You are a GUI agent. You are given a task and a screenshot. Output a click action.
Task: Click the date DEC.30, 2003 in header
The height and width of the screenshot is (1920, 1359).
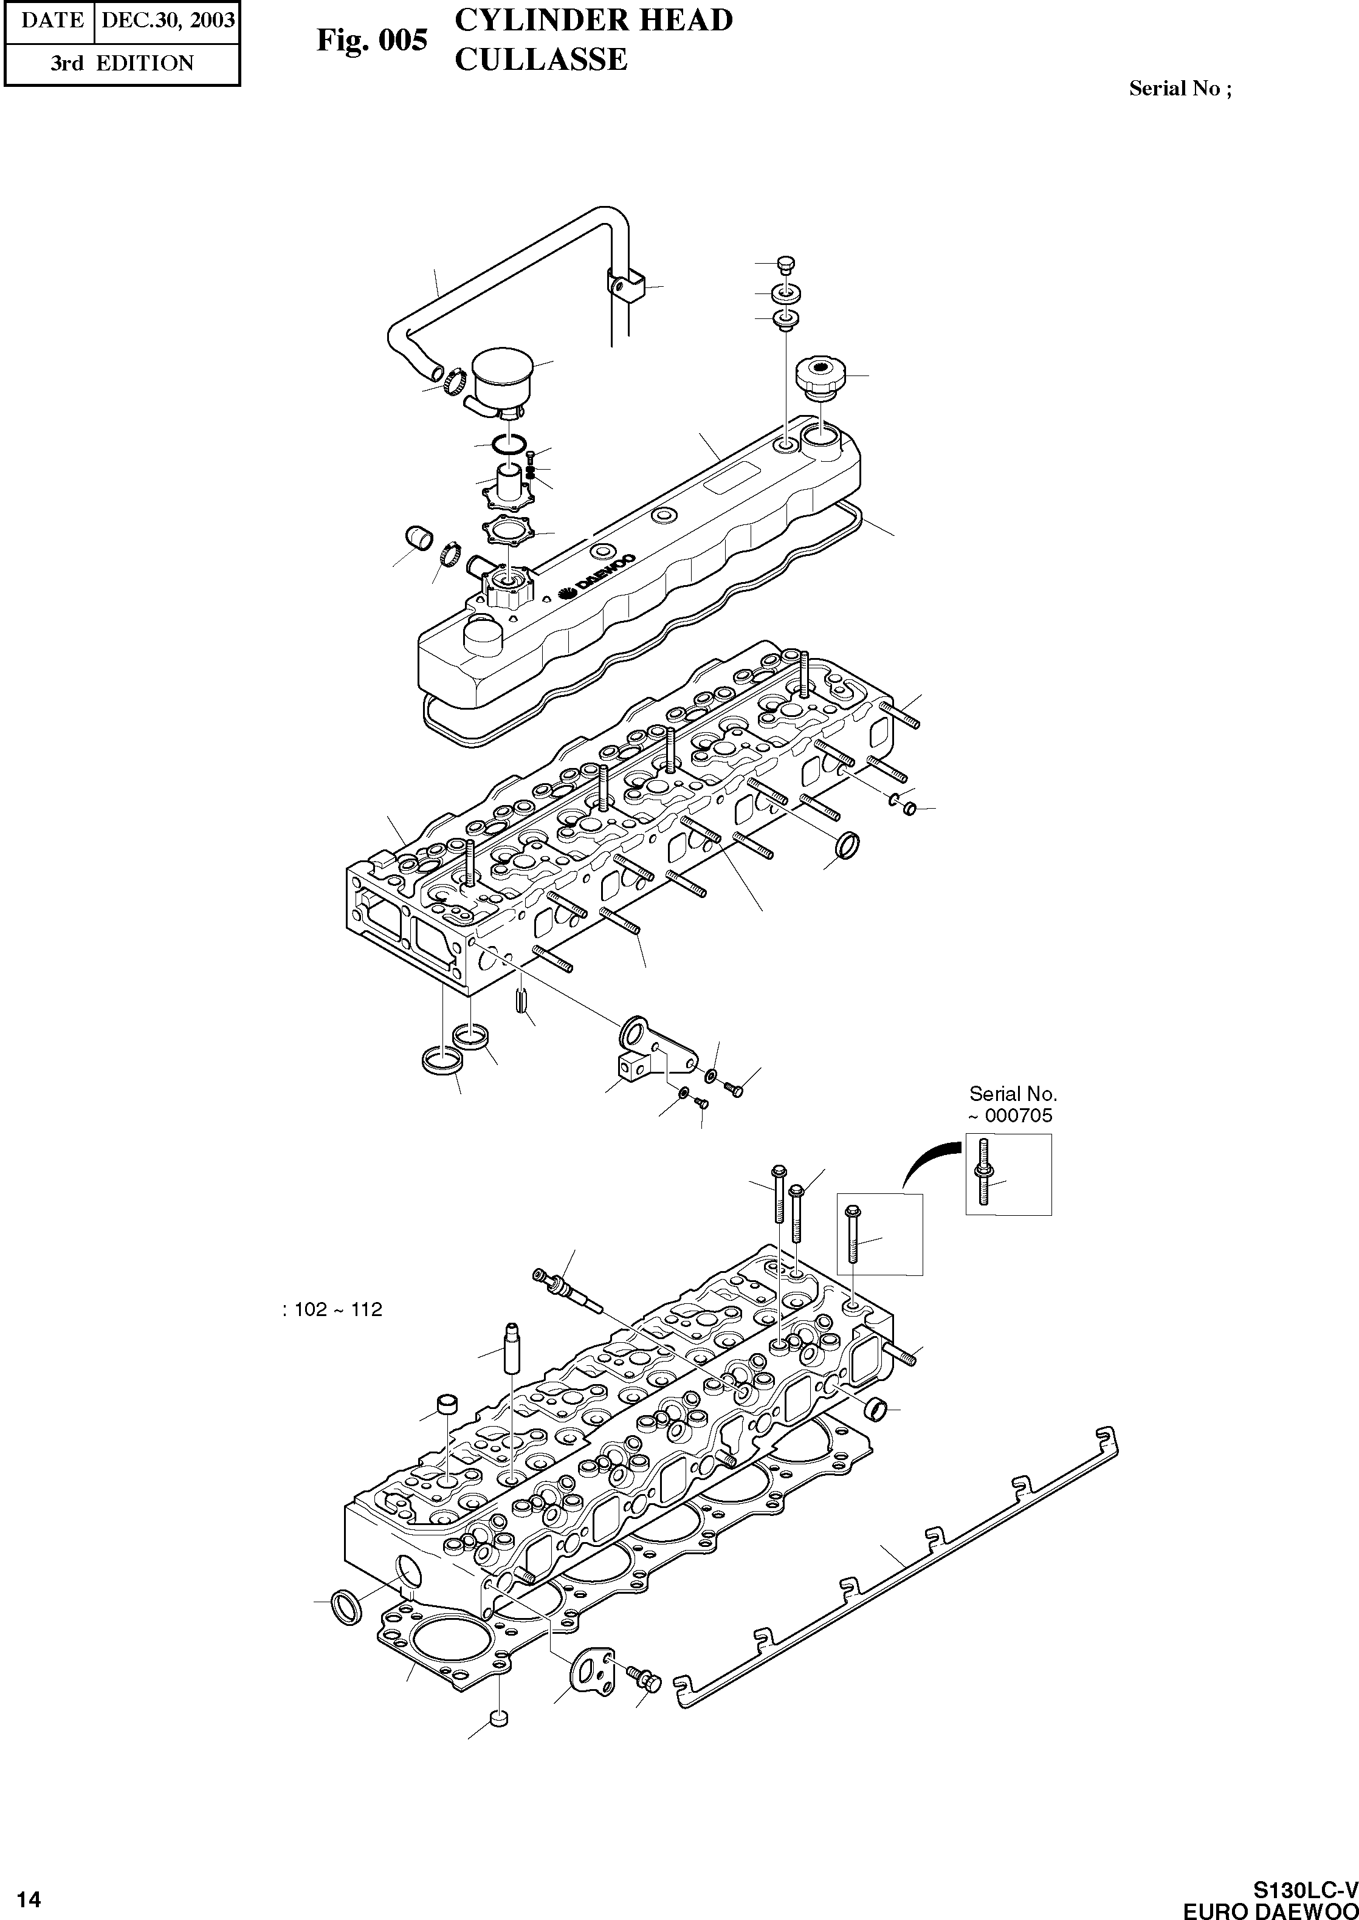click(x=167, y=20)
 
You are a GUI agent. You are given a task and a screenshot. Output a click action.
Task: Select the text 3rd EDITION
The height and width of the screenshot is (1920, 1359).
click(x=122, y=64)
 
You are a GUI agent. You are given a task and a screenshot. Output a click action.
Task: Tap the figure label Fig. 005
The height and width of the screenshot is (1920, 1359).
click(x=371, y=39)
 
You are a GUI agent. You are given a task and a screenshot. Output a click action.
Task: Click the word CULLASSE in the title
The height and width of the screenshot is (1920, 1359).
click(x=540, y=60)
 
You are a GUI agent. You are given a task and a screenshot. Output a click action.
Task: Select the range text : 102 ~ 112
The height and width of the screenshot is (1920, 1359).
click(x=332, y=1309)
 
